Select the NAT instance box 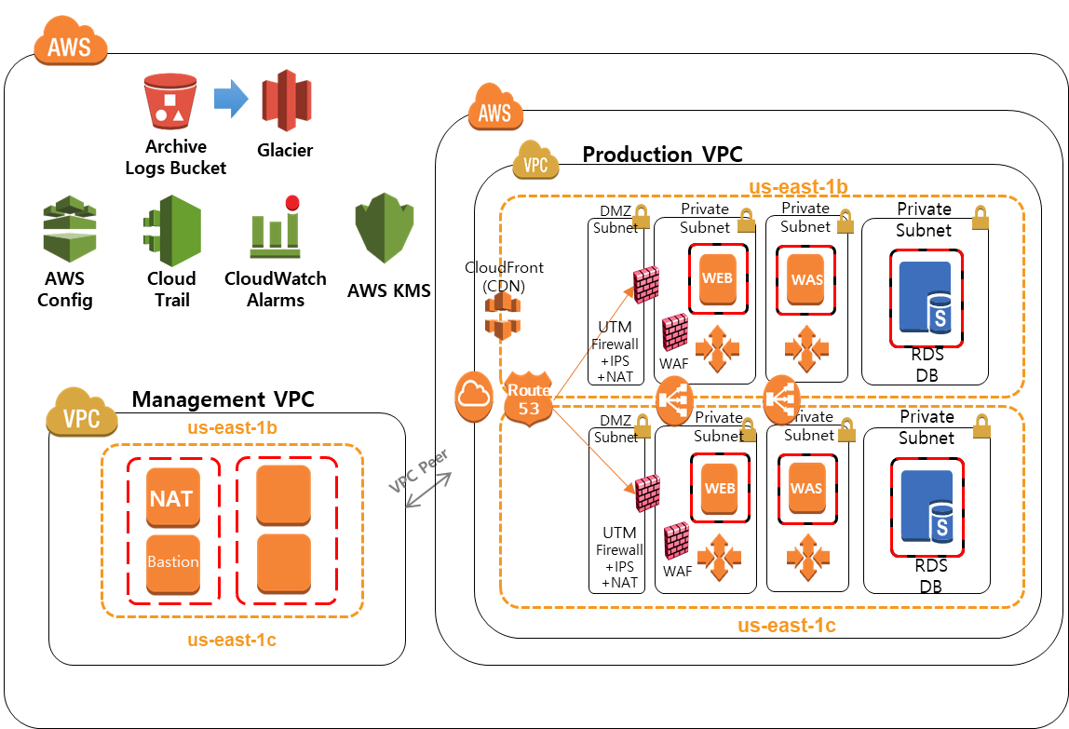[x=172, y=498]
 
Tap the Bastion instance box [x=172, y=563]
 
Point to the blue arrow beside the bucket [x=231, y=99]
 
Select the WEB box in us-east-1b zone [x=717, y=278]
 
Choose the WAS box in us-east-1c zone [x=805, y=489]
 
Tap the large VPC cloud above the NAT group [x=82, y=417]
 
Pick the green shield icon [x=384, y=228]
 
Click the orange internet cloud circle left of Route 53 [x=474, y=397]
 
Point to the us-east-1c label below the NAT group [x=232, y=640]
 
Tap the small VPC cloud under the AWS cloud [x=535, y=161]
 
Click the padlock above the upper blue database [x=980, y=219]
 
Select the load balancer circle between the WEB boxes [x=675, y=401]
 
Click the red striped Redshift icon [x=287, y=101]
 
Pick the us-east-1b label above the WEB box [x=798, y=186]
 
